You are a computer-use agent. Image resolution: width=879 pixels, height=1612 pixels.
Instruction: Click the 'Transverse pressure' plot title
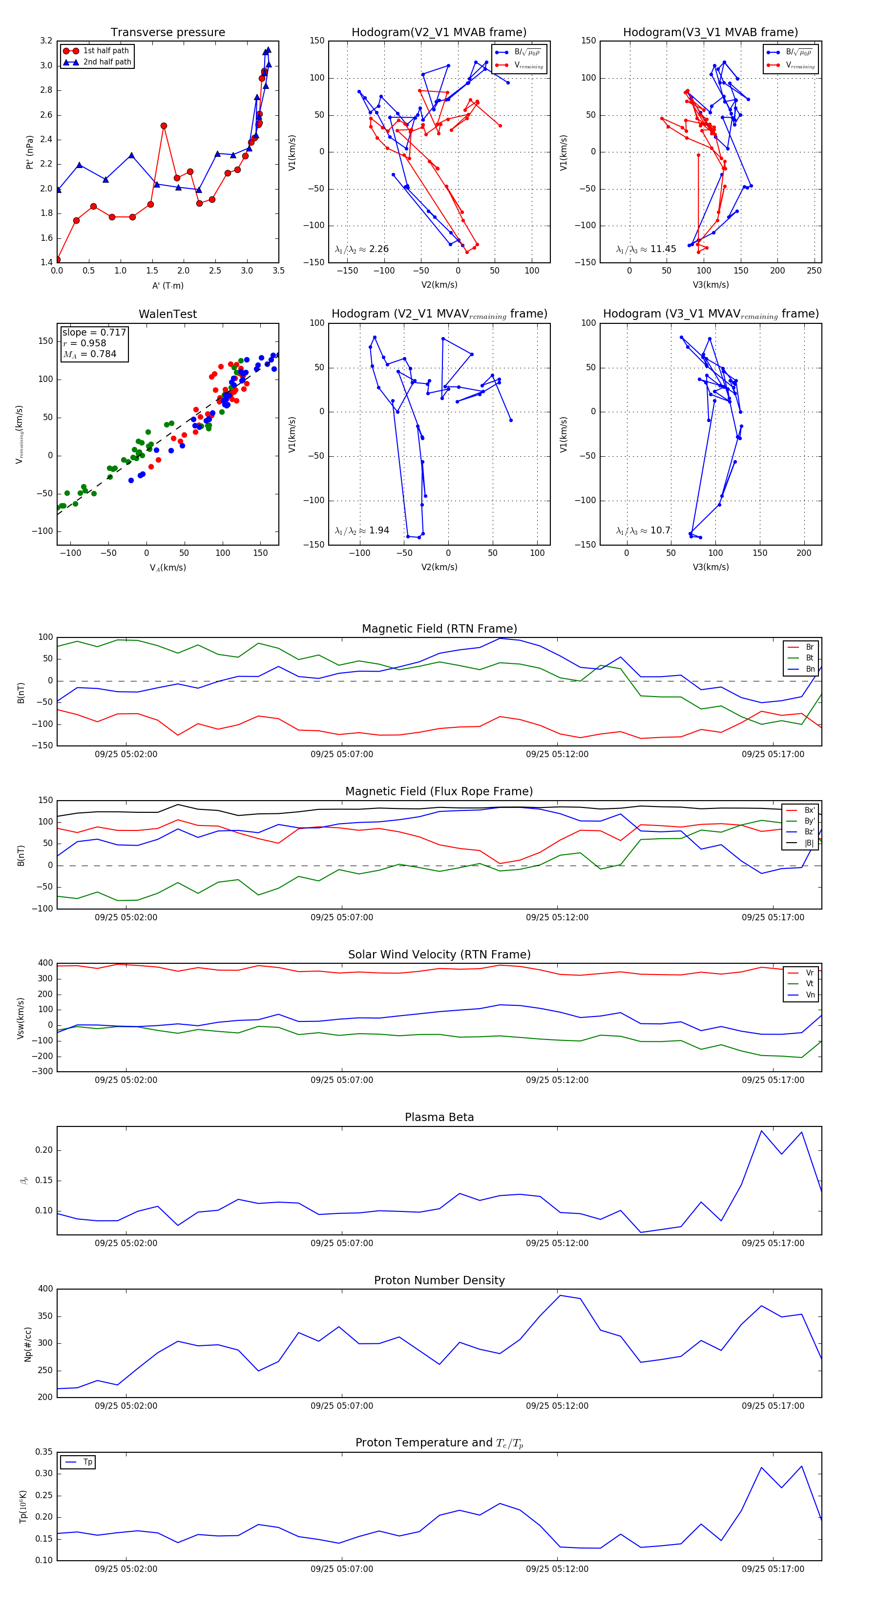(167, 33)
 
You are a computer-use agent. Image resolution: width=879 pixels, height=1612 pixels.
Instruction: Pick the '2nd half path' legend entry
(107, 62)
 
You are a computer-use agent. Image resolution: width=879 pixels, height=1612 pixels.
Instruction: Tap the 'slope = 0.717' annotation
(94, 332)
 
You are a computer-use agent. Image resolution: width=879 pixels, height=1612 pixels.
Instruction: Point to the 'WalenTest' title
(167, 314)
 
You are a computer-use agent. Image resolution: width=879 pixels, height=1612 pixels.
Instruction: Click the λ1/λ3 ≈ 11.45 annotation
(646, 249)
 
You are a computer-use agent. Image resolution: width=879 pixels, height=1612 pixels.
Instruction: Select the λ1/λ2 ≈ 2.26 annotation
(361, 249)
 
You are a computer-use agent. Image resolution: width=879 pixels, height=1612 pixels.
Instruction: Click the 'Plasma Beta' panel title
(439, 1117)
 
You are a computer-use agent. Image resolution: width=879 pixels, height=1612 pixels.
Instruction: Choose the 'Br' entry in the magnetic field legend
(809, 647)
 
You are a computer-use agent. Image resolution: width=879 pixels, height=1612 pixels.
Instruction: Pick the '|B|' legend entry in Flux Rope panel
(809, 843)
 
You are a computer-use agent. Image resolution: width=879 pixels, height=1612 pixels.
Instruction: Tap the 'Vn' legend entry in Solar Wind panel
(810, 995)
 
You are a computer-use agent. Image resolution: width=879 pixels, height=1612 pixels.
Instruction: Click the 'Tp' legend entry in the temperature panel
(87, 1462)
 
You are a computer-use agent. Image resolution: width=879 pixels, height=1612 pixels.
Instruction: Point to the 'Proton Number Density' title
(439, 1280)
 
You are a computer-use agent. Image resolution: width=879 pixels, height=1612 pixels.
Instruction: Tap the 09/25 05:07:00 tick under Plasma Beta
(342, 1243)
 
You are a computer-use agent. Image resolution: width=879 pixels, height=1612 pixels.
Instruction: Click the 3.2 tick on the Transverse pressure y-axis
(46, 41)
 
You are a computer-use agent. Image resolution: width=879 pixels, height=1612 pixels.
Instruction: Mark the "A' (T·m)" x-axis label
(167, 285)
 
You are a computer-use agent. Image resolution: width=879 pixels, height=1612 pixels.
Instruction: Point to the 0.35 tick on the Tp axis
(44, 1452)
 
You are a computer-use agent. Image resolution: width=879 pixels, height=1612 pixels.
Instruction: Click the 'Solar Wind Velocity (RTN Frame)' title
(439, 954)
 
